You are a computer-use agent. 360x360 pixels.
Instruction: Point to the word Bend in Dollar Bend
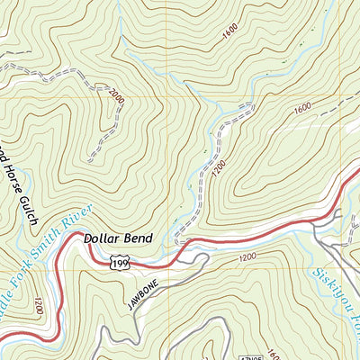139,238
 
